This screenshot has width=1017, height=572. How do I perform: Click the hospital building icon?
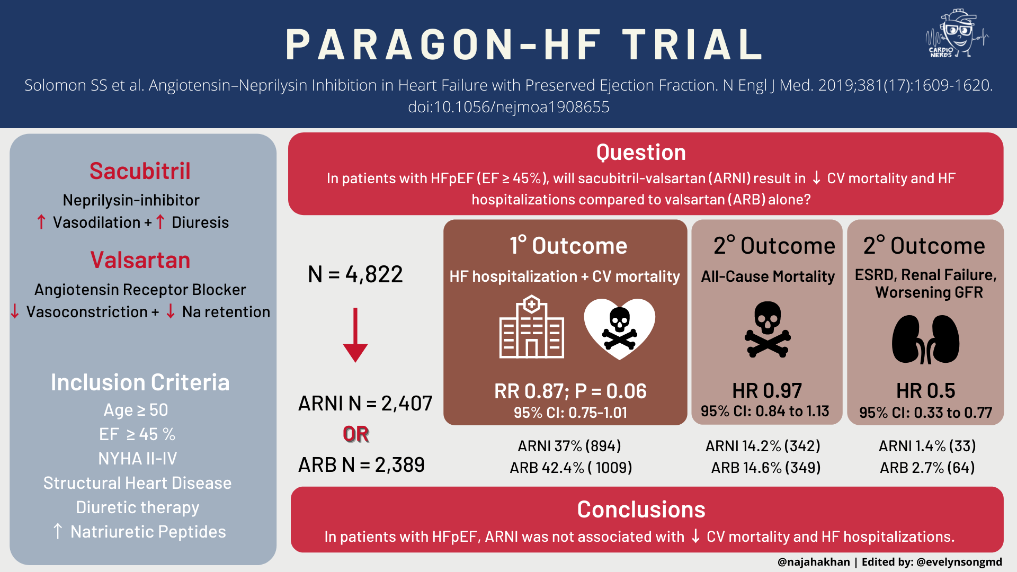pyautogui.click(x=532, y=327)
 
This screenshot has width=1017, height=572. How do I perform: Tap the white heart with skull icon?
pyautogui.click(x=619, y=328)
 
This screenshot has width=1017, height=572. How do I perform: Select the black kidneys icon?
pyautogui.click(x=925, y=339)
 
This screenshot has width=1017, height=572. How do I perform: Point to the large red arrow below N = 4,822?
pyautogui.click(x=355, y=335)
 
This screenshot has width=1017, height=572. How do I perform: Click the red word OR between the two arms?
pyautogui.click(x=356, y=434)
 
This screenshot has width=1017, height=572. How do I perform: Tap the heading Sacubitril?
pyautogui.click(x=140, y=171)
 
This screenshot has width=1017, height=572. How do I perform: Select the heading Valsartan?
pyautogui.click(x=140, y=260)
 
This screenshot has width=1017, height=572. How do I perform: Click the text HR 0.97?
pyautogui.click(x=767, y=391)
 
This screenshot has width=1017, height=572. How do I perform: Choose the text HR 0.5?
pyautogui.click(x=925, y=391)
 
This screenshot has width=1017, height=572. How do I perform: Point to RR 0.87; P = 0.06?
pyautogui.click(x=570, y=391)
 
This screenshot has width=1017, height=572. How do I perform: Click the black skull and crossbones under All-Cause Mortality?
pyautogui.click(x=768, y=329)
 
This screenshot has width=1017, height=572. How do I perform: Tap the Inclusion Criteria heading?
pyautogui.click(x=140, y=382)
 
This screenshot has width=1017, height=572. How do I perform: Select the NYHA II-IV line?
pyautogui.click(x=138, y=459)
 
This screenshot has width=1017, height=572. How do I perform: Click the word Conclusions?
pyautogui.click(x=641, y=510)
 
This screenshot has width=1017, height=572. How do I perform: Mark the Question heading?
pyautogui.click(x=641, y=153)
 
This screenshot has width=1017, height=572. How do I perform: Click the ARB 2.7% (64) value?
pyautogui.click(x=927, y=468)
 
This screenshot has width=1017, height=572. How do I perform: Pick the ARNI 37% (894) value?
pyautogui.click(x=569, y=446)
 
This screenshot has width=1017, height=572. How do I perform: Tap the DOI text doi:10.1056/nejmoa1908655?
pyautogui.click(x=508, y=107)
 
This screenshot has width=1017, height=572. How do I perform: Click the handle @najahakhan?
pyautogui.click(x=814, y=562)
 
